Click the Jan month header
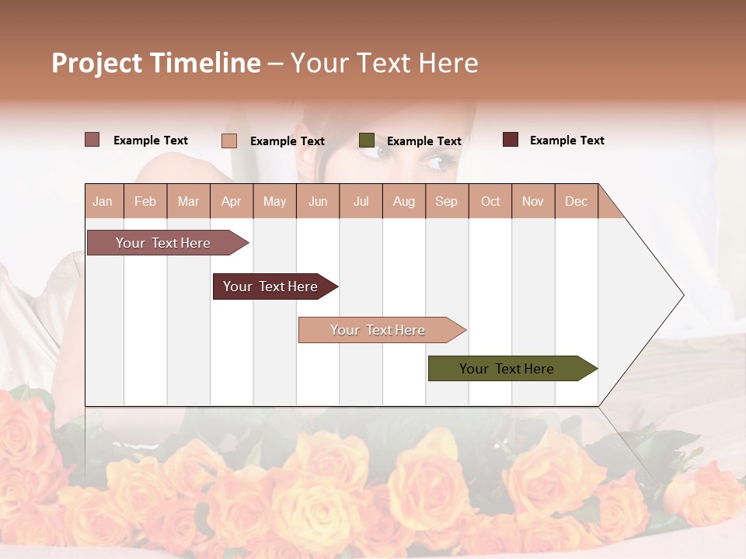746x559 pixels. (x=103, y=201)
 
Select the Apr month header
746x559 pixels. (x=231, y=201)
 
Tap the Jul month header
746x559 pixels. (x=361, y=201)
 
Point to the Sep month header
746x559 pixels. (x=446, y=201)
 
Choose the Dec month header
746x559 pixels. (x=576, y=201)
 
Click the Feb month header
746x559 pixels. (x=145, y=201)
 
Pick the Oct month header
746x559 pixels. (x=490, y=201)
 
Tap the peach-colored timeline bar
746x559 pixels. (x=378, y=330)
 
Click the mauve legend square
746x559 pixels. (x=92, y=140)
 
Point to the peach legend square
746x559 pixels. (x=229, y=141)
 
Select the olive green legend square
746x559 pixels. (x=367, y=141)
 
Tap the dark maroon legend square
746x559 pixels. (x=511, y=140)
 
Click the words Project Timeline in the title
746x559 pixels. (x=156, y=63)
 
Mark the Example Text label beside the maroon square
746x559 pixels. (x=566, y=141)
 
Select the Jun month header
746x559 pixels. (x=318, y=201)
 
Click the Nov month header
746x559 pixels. (x=533, y=201)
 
